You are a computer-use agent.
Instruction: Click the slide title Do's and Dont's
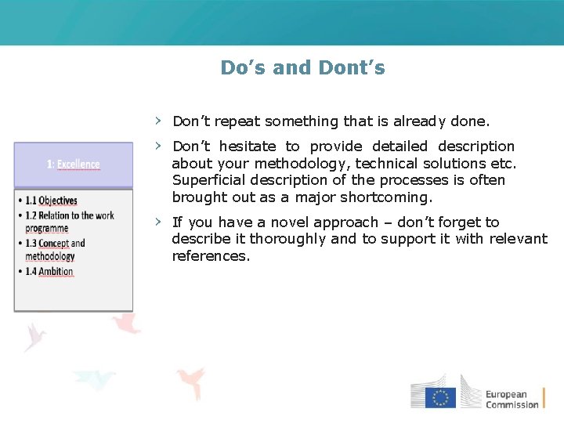[x=302, y=68]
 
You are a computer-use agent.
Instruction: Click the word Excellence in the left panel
[x=78, y=164]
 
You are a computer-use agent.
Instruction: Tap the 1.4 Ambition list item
[x=49, y=271]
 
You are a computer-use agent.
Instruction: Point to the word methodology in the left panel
[x=50, y=256]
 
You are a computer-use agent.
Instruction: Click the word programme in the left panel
[x=47, y=228]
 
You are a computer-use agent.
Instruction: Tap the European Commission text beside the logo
[x=512, y=399]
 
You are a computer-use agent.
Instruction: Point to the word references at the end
[x=211, y=256]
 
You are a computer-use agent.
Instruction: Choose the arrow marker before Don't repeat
[x=158, y=121]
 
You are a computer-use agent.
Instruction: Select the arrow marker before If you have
[x=158, y=222]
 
